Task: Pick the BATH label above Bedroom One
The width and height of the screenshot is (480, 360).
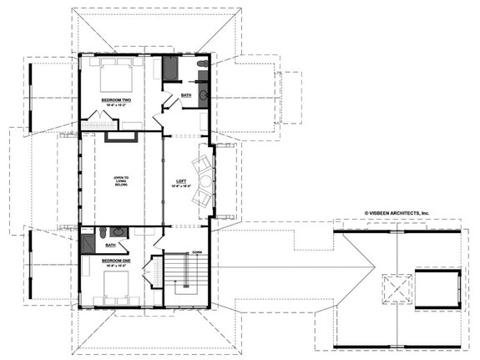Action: (x=110, y=245)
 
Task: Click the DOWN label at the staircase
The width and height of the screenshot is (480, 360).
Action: (x=197, y=252)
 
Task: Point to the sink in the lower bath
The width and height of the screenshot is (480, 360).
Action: (x=118, y=231)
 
